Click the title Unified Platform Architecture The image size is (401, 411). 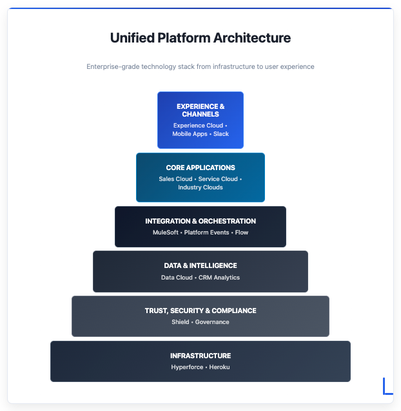tap(200, 38)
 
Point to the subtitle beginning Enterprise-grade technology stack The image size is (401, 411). tap(200, 66)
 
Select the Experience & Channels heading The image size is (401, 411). tap(200, 110)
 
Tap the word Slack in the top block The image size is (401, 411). tap(221, 134)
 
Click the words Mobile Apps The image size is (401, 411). tap(190, 134)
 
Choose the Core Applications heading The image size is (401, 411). tap(200, 167)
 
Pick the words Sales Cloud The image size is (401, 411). tap(175, 178)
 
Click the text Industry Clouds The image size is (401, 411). tap(200, 187)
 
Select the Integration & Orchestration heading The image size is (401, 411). tap(200, 221)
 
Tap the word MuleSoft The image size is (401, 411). tap(166, 232)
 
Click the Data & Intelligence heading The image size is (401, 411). tap(200, 265)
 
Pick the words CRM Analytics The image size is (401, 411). tap(219, 277)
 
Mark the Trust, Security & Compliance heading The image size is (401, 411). tap(200, 311)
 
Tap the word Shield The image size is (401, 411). tap(181, 321)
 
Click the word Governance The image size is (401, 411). tap(212, 321)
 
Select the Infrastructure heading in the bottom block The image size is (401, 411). tap(200, 356)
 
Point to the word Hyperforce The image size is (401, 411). tap(186, 367)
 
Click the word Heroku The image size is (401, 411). tap(219, 367)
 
